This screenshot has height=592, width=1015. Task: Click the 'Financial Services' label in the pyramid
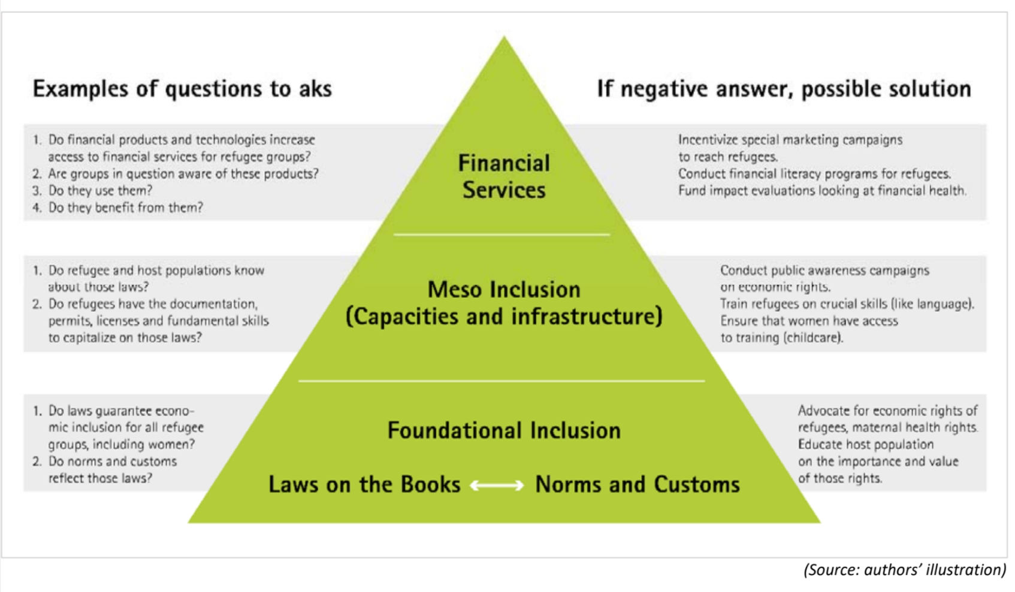click(x=504, y=176)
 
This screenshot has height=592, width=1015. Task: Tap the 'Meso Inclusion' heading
click(x=504, y=290)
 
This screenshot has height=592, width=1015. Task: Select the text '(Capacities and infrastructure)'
click(x=504, y=317)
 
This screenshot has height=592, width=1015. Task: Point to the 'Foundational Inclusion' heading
click(x=504, y=431)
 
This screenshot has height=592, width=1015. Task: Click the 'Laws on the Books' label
click(x=364, y=485)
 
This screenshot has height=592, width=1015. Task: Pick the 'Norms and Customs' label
click(x=638, y=485)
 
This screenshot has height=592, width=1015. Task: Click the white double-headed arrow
click(x=497, y=485)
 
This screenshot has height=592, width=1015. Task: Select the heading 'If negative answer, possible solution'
click(x=784, y=89)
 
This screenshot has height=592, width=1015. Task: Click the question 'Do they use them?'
click(x=100, y=191)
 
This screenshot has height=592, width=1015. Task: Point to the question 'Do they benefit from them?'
click(x=125, y=208)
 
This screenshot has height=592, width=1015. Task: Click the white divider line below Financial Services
click(x=502, y=235)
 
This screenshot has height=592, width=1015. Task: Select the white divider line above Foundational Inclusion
click(x=502, y=381)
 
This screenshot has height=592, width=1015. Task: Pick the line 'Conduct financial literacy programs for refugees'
click(x=814, y=174)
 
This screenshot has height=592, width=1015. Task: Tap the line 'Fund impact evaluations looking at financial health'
click(x=822, y=191)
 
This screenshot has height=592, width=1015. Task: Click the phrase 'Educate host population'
click(x=865, y=444)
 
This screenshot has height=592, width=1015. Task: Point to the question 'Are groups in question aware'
click(x=183, y=174)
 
